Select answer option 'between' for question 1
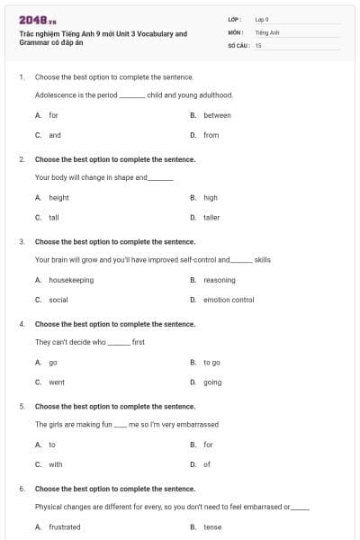pos(217,115)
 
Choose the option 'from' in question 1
pos(211,135)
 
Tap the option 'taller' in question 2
pos(211,217)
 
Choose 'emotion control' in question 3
pos(229,300)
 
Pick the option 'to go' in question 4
pos(211,362)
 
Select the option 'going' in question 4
pos(212,382)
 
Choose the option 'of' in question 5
pos(207,464)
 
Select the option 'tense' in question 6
pos(212,527)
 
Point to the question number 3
pos(22,241)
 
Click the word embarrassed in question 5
pos(197,424)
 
